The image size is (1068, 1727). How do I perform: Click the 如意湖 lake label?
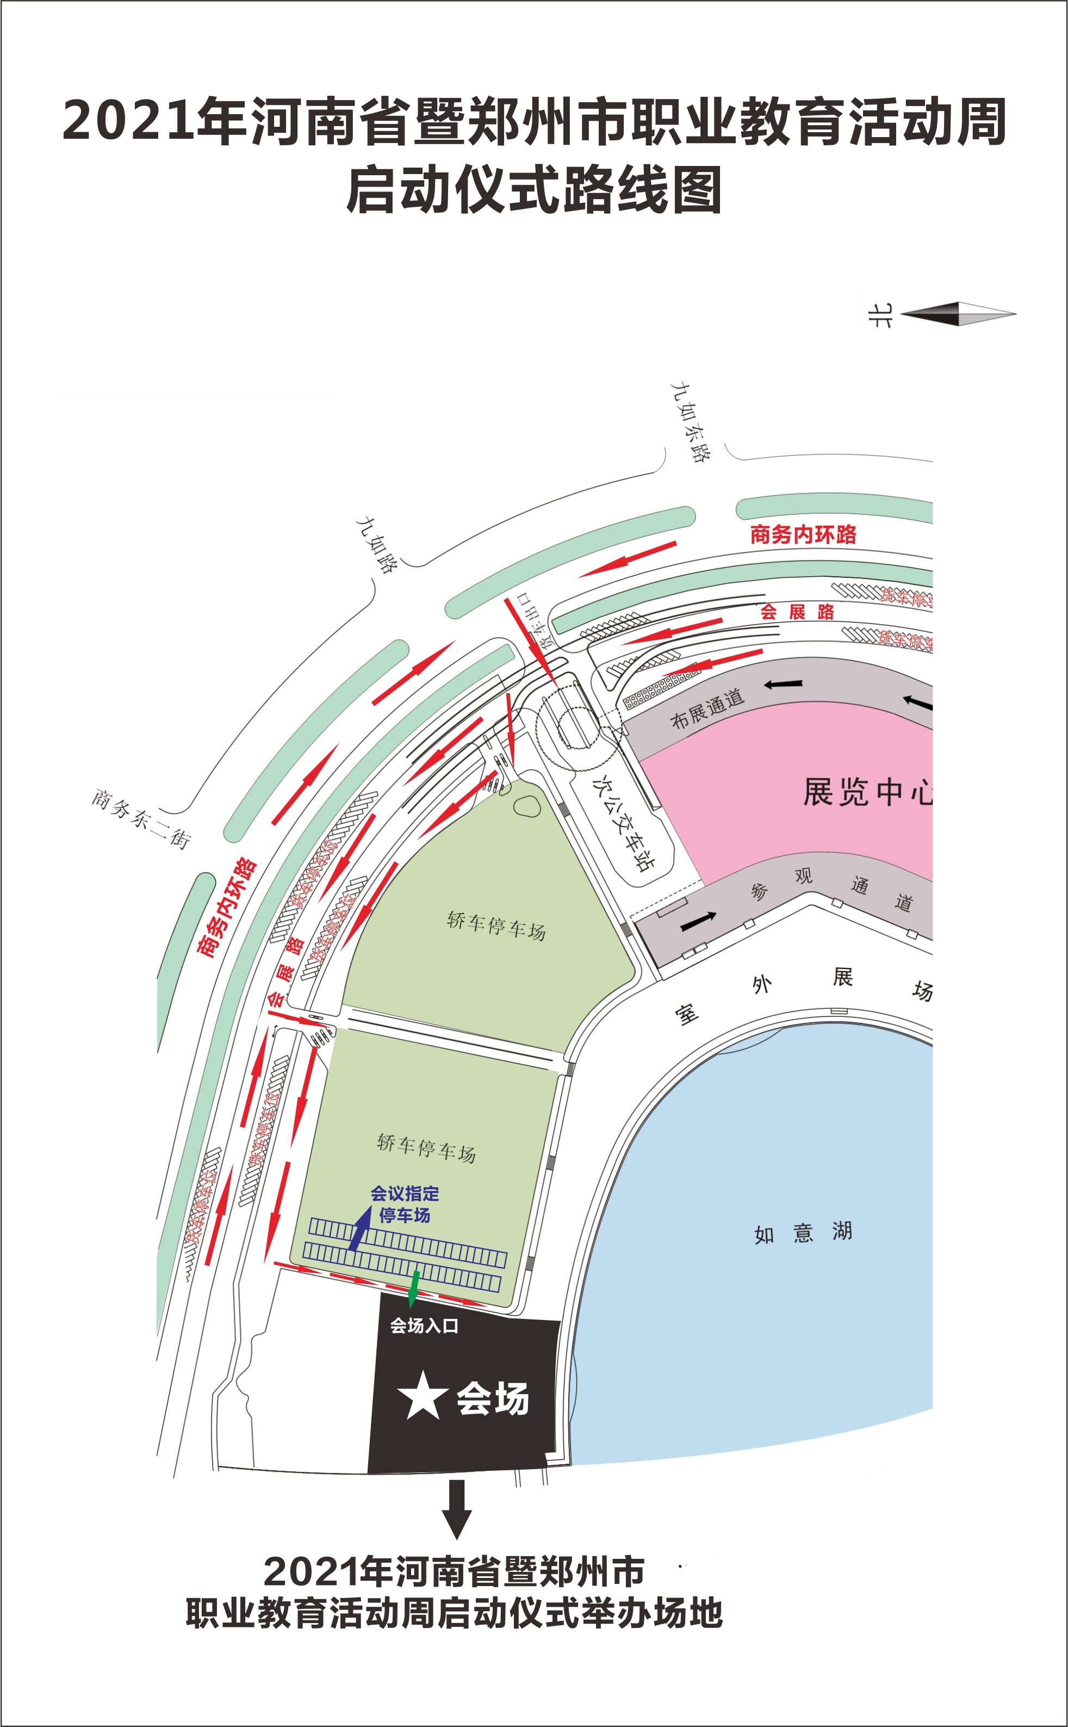point(803,1233)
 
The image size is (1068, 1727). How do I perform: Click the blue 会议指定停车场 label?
point(405,1204)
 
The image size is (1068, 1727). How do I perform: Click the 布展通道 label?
point(707,708)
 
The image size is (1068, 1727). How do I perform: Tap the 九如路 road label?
point(376,544)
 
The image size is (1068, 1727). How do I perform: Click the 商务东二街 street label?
point(140,819)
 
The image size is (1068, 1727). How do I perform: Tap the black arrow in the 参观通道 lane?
point(698,921)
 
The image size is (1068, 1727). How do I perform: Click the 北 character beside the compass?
point(880,315)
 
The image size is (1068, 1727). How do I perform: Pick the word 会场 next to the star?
point(492,1398)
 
